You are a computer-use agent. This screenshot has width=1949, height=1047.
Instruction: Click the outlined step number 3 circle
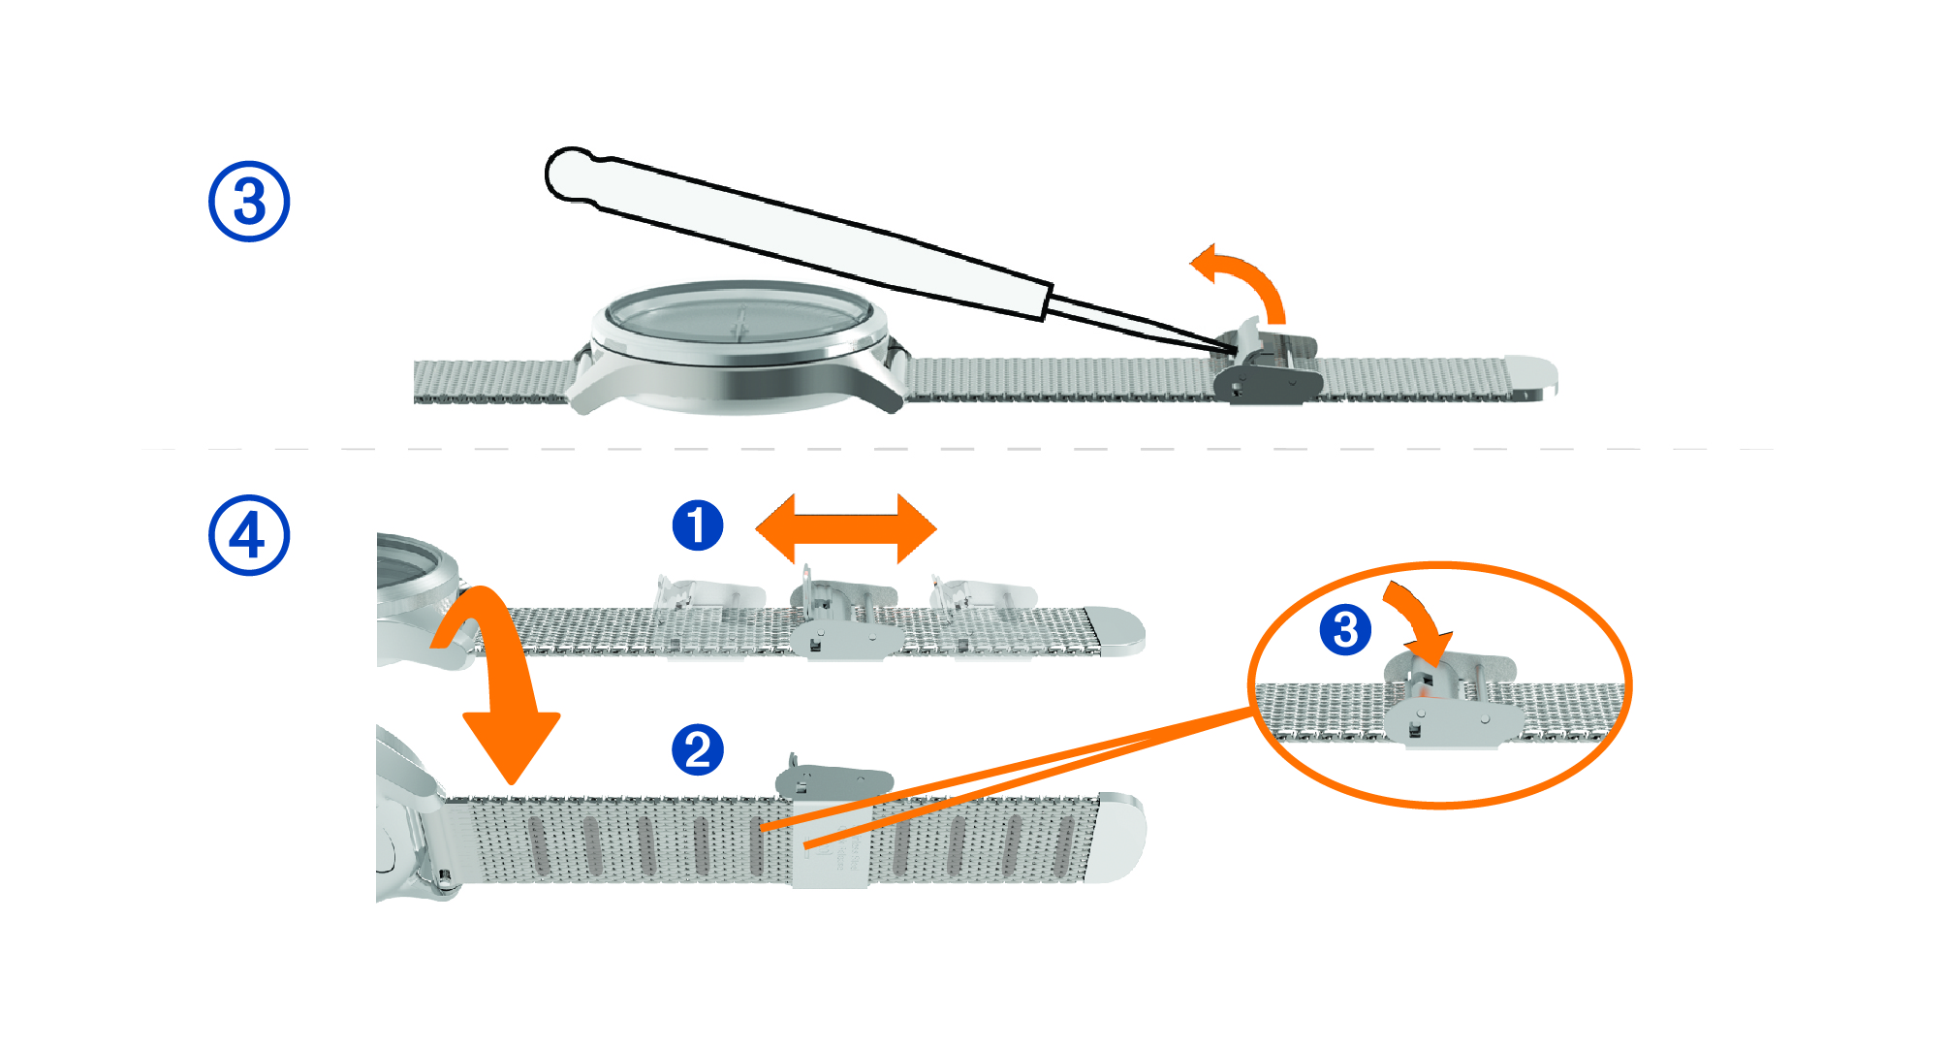[249, 202]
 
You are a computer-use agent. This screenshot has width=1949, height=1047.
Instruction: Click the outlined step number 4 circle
[249, 536]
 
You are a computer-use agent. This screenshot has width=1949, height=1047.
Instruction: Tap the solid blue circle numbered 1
[698, 526]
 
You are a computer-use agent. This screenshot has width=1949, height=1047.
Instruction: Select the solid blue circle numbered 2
[698, 749]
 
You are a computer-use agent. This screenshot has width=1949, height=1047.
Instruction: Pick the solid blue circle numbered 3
[1345, 630]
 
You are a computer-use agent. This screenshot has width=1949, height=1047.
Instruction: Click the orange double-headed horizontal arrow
[845, 528]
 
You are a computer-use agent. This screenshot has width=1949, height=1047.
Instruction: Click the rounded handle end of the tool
[572, 174]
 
